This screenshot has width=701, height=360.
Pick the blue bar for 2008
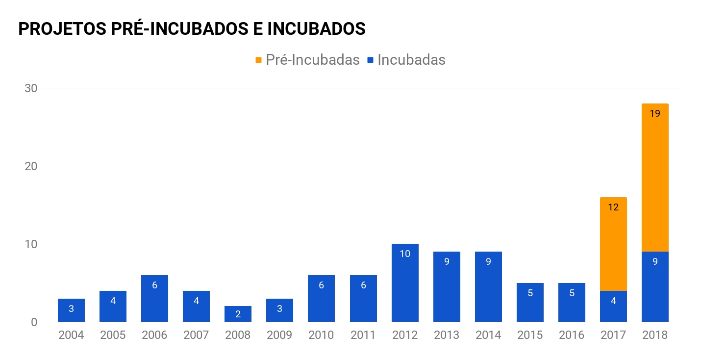(x=238, y=314)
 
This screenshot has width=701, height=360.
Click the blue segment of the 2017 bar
(x=613, y=307)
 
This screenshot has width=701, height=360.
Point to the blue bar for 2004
(x=71, y=310)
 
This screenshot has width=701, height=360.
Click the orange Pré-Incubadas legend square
(x=259, y=60)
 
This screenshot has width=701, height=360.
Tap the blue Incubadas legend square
(x=371, y=60)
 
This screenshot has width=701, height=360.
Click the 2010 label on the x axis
(x=321, y=335)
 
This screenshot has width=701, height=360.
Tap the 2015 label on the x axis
(x=530, y=335)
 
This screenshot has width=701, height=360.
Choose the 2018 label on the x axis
(x=655, y=335)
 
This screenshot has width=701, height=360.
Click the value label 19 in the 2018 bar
(x=655, y=114)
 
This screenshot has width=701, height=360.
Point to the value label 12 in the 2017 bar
(x=613, y=207)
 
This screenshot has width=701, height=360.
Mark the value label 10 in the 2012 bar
(x=405, y=254)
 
